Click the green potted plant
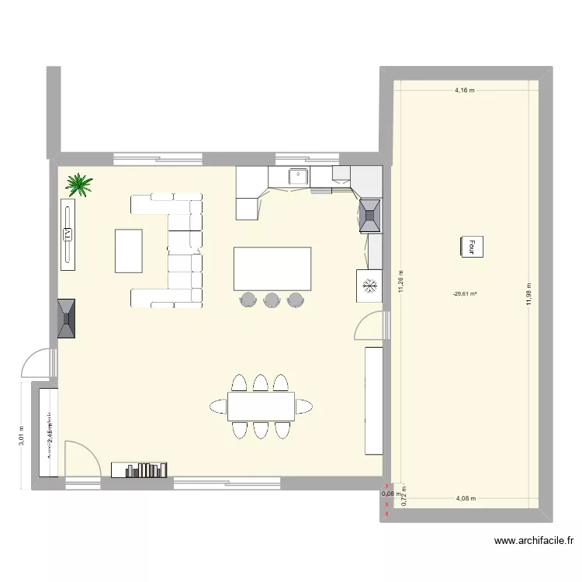pyautogui.click(x=79, y=185)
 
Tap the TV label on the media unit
pyautogui.click(x=68, y=234)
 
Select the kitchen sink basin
pyautogui.click(x=298, y=175)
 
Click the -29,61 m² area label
pyautogui.click(x=465, y=294)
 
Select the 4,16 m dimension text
pyautogui.click(x=464, y=91)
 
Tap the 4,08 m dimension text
pyautogui.click(x=466, y=500)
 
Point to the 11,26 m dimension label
pyautogui.click(x=400, y=283)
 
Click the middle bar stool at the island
pyautogui.click(x=272, y=300)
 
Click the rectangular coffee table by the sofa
pyautogui.click(x=129, y=251)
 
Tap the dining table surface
pyautogui.click(x=261, y=405)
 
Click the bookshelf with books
pyautogui.click(x=140, y=469)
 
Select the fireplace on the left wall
pyautogui.click(x=67, y=318)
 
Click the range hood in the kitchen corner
pyautogui.click(x=370, y=216)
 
